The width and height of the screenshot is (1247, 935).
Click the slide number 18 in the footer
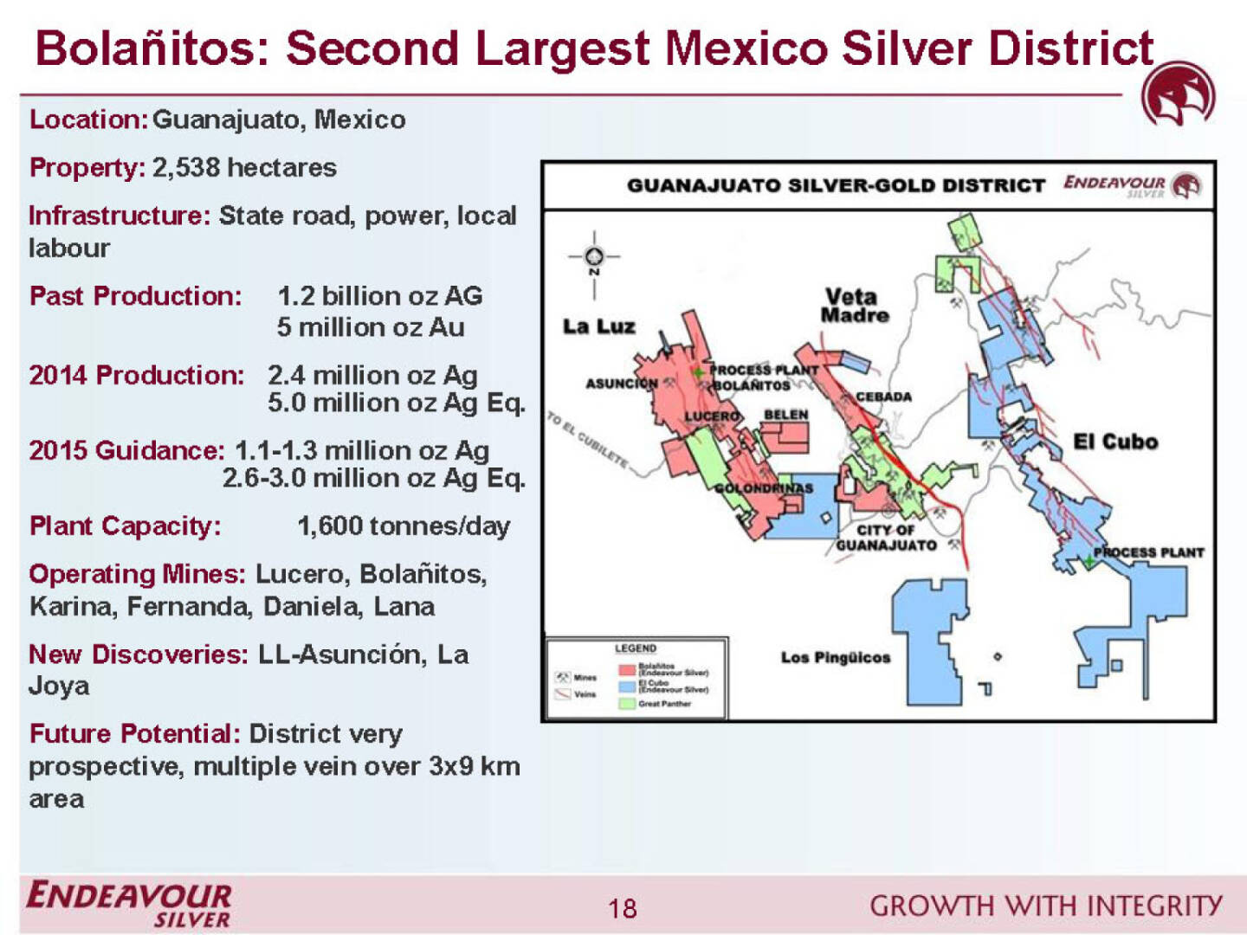(x=622, y=908)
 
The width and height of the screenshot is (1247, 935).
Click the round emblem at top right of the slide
(x=1178, y=93)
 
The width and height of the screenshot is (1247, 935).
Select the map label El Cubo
(x=1115, y=442)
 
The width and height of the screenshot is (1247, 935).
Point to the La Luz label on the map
(x=598, y=326)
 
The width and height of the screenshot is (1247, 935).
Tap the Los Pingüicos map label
(x=835, y=658)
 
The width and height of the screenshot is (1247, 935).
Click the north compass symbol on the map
(x=594, y=256)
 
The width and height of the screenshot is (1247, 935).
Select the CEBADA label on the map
(x=883, y=397)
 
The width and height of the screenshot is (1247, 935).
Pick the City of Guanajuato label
(x=886, y=538)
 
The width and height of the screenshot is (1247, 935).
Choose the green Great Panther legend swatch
(x=627, y=704)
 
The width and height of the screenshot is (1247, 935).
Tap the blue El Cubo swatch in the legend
(x=627, y=687)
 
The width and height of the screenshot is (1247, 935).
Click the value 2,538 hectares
(x=244, y=167)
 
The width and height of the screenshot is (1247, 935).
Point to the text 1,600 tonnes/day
(x=404, y=526)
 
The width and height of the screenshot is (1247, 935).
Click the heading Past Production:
(x=136, y=296)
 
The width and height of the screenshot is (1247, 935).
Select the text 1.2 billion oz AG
(x=379, y=296)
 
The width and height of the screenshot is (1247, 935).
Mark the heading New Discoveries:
(x=139, y=654)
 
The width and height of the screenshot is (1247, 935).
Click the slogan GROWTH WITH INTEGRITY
(x=1045, y=906)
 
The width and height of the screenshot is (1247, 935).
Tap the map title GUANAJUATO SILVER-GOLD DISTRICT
(x=836, y=185)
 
